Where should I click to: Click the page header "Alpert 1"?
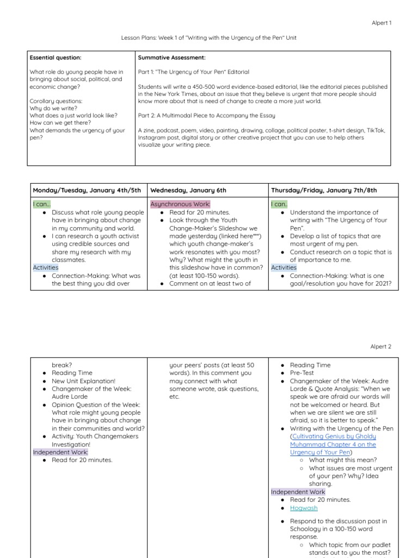[380, 23]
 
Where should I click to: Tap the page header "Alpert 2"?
[380, 346]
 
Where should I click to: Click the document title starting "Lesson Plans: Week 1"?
[208, 38]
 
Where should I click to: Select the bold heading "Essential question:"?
[56, 57]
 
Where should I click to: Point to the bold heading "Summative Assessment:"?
[171, 57]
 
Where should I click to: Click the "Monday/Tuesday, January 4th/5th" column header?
[87, 190]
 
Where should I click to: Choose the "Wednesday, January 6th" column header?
[188, 190]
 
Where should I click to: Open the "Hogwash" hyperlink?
[304, 508]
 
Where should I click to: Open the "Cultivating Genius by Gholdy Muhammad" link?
[333, 440]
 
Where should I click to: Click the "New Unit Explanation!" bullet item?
[83, 381]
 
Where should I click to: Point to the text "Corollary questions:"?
[56, 101]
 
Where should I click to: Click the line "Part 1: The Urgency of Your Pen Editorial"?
[194, 72]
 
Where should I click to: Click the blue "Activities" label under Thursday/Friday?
[284, 268]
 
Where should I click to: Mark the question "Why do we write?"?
[53, 108]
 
